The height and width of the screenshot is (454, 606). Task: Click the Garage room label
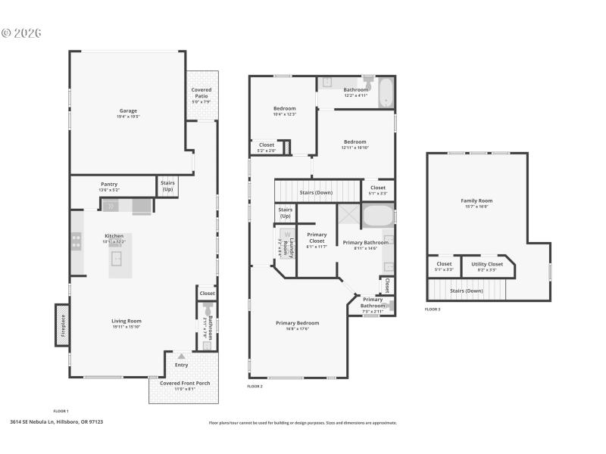click(127, 110)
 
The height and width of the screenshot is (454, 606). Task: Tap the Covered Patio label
click(201, 92)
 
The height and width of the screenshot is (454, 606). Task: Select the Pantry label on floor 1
click(109, 184)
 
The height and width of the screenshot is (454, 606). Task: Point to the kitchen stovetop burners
click(77, 241)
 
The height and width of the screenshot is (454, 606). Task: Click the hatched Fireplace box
click(61, 325)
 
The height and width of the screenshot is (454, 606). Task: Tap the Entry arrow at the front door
click(181, 355)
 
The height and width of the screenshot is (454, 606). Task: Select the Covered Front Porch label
click(185, 383)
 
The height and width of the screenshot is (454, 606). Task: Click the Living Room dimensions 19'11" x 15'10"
click(127, 327)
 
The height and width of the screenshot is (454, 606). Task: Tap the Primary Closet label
click(317, 238)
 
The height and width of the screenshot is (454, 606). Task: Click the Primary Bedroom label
click(297, 322)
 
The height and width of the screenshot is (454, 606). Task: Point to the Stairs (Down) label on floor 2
click(317, 192)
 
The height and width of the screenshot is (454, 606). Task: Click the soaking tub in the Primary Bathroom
click(377, 216)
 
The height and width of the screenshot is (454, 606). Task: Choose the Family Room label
click(476, 201)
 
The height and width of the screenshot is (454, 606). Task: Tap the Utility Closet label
click(486, 264)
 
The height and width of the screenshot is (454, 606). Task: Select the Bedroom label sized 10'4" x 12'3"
click(284, 108)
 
